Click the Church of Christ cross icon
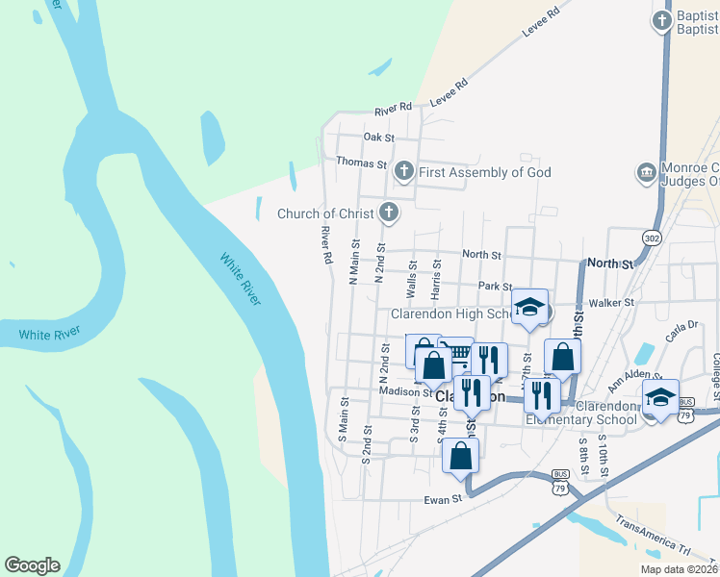389,213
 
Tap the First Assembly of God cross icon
404,172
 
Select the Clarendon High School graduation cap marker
529,307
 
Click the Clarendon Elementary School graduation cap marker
660,398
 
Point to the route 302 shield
652,237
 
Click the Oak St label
379,138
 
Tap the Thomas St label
361,163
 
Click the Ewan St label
444,500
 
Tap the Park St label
495,286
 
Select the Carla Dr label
679,332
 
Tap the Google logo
32,565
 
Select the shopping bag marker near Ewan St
461,455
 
